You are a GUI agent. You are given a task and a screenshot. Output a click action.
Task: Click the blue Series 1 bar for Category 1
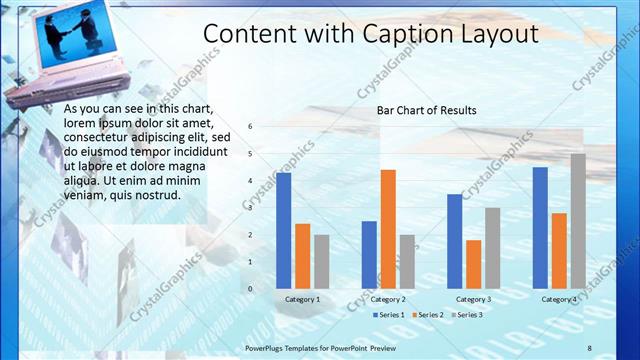tap(284, 231)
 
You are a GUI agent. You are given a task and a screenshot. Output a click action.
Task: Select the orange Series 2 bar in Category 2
tap(388, 229)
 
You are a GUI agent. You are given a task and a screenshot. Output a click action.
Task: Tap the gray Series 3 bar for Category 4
tap(578, 221)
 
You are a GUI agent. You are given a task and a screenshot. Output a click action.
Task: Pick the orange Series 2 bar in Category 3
tap(474, 264)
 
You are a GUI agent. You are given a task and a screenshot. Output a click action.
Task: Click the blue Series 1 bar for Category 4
tap(540, 228)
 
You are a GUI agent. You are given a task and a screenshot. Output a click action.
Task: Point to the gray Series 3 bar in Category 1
tap(321, 262)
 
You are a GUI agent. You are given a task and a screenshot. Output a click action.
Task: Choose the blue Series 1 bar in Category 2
tap(369, 255)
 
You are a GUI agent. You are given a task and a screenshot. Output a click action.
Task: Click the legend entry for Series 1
tap(389, 315)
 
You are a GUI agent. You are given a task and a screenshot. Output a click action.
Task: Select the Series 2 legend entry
tap(428, 315)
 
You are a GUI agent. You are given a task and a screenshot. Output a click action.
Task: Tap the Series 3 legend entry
tap(467, 315)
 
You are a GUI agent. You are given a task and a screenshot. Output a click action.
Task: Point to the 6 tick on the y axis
tap(251, 126)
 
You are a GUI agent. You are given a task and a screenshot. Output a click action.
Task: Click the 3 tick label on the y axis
tap(251, 208)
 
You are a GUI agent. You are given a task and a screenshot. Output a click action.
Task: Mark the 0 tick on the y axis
tap(251, 289)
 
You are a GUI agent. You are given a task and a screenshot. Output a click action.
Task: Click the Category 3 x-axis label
tap(473, 299)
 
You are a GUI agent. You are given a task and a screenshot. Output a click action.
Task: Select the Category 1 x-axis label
tap(303, 299)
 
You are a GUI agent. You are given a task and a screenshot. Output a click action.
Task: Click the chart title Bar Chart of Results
tap(426, 110)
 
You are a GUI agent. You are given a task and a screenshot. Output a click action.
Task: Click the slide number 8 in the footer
tap(589, 347)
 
